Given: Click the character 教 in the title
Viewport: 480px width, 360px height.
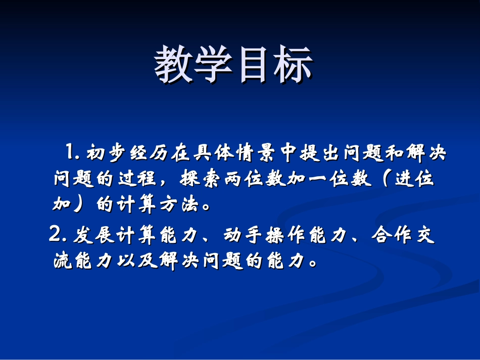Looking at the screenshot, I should pos(174,65).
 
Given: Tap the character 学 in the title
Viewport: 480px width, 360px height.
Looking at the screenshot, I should pos(214,65).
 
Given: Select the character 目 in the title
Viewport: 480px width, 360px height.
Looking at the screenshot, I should pos(254,65).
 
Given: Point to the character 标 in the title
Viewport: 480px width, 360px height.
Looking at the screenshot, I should pos(294,65).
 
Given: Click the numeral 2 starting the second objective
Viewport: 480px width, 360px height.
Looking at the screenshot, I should pos(55,235).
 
